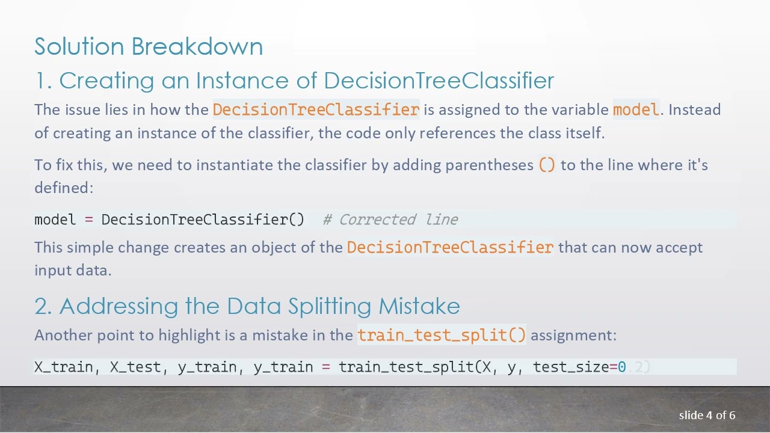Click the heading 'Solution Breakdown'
click(x=149, y=46)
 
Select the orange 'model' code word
click(x=636, y=109)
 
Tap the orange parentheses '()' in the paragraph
click(x=547, y=165)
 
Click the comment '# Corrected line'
click(x=390, y=220)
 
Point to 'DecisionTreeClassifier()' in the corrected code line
click(x=203, y=220)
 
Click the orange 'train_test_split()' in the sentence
click(x=442, y=334)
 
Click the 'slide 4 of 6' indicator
click(x=707, y=415)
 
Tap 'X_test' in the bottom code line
click(x=135, y=367)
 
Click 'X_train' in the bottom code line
click(x=63, y=367)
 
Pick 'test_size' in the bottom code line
click(x=571, y=367)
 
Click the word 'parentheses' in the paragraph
click(x=489, y=165)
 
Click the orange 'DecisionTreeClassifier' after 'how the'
click(x=316, y=109)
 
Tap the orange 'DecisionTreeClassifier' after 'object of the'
click(x=450, y=247)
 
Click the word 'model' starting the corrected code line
click(x=55, y=220)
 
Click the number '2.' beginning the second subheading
click(x=43, y=306)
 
